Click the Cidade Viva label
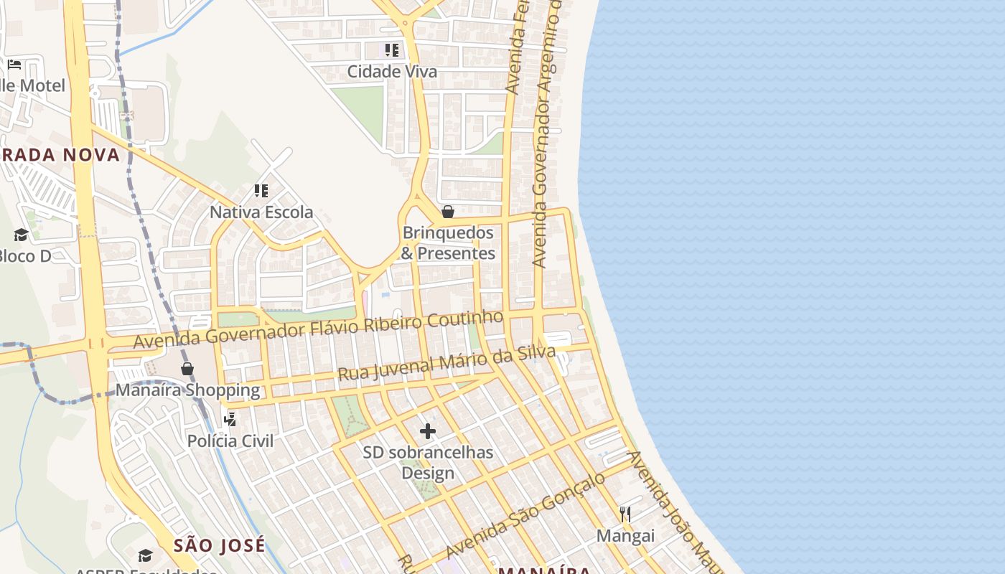[x=392, y=72]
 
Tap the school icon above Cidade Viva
[x=392, y=50]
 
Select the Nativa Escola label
[x=261, y=212]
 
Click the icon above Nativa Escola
[x=261, y=191]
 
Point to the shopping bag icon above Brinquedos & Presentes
[x=448, y=212]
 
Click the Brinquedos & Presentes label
[x=448, y=243]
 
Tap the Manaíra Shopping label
[x=187, y=390]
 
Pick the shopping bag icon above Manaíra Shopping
[x=187, y=369]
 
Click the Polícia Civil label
[x=230, y=441]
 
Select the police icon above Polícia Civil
[x=230, y=419]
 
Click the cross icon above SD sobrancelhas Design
[x=428, y=430]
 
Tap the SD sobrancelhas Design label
[x=428, y=463]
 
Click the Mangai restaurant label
[x=625, y=536]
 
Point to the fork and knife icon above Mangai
[x=625, y=514]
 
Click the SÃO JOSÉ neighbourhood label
[x=220, y=545]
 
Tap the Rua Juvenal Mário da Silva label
[x=447, y=364]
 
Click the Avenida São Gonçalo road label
[x=525, y=517]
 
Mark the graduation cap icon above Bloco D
[x=21, y=235]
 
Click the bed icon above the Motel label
[x=14, y=65]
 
